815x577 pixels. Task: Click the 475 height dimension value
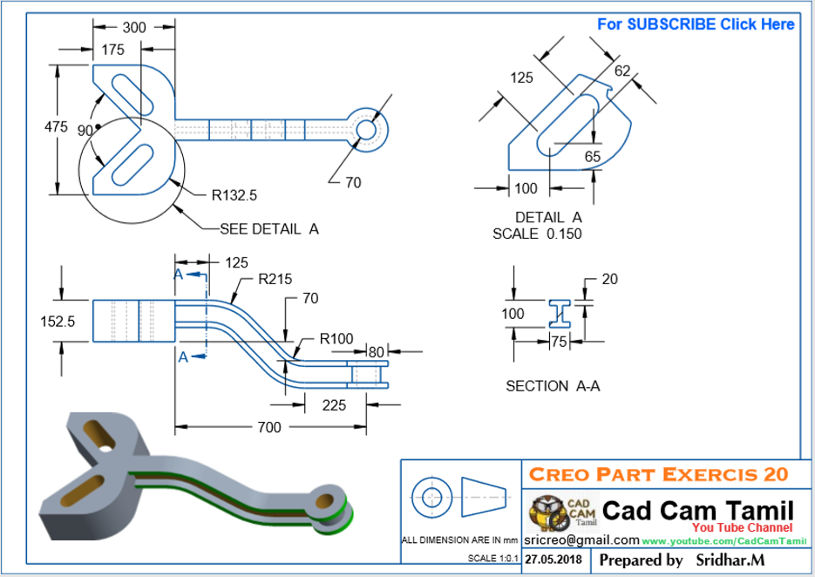pos(56,127)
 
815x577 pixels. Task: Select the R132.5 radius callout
pos(234,195)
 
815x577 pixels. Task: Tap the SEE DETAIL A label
pos(268,229)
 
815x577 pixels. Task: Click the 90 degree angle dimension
pos(85,131)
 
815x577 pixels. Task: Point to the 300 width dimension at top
pos(134,28)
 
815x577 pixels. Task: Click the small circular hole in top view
pos(366,129)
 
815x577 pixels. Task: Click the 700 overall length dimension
pos(269,427)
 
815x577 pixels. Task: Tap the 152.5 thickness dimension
pos(58,321)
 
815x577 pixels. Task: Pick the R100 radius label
pos(336,338)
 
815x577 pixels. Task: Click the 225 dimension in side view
pos(334,404)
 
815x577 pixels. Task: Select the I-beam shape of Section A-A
pos(558,315)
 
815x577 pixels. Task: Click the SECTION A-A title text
pos(553,385)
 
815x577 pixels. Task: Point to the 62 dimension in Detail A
pos(621,71)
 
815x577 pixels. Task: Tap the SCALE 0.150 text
pos(537,234)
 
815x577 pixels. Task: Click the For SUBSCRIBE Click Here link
pos(695,24)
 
